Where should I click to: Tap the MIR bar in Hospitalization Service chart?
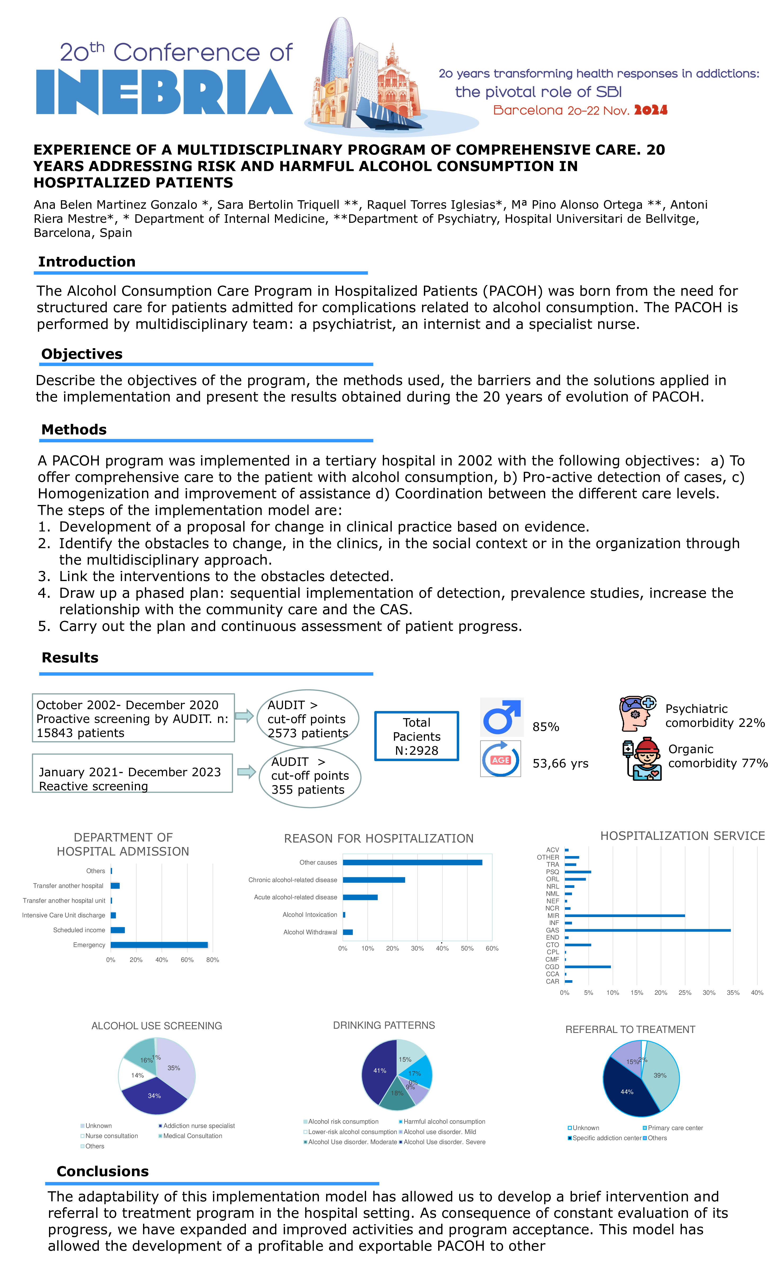[x=624, y=916]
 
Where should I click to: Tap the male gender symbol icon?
[x=501, y=717]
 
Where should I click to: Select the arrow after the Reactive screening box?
[x=247, y=772]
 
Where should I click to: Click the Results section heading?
[x=70, y=658]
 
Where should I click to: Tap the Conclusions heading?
[x=103, y=1171]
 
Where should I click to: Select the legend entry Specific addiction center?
[x=606, y=1138]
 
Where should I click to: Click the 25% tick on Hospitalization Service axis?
[x=685, y=993]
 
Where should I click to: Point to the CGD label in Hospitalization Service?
[x=552, y=967]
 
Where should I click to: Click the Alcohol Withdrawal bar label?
[x=310, y=932]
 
